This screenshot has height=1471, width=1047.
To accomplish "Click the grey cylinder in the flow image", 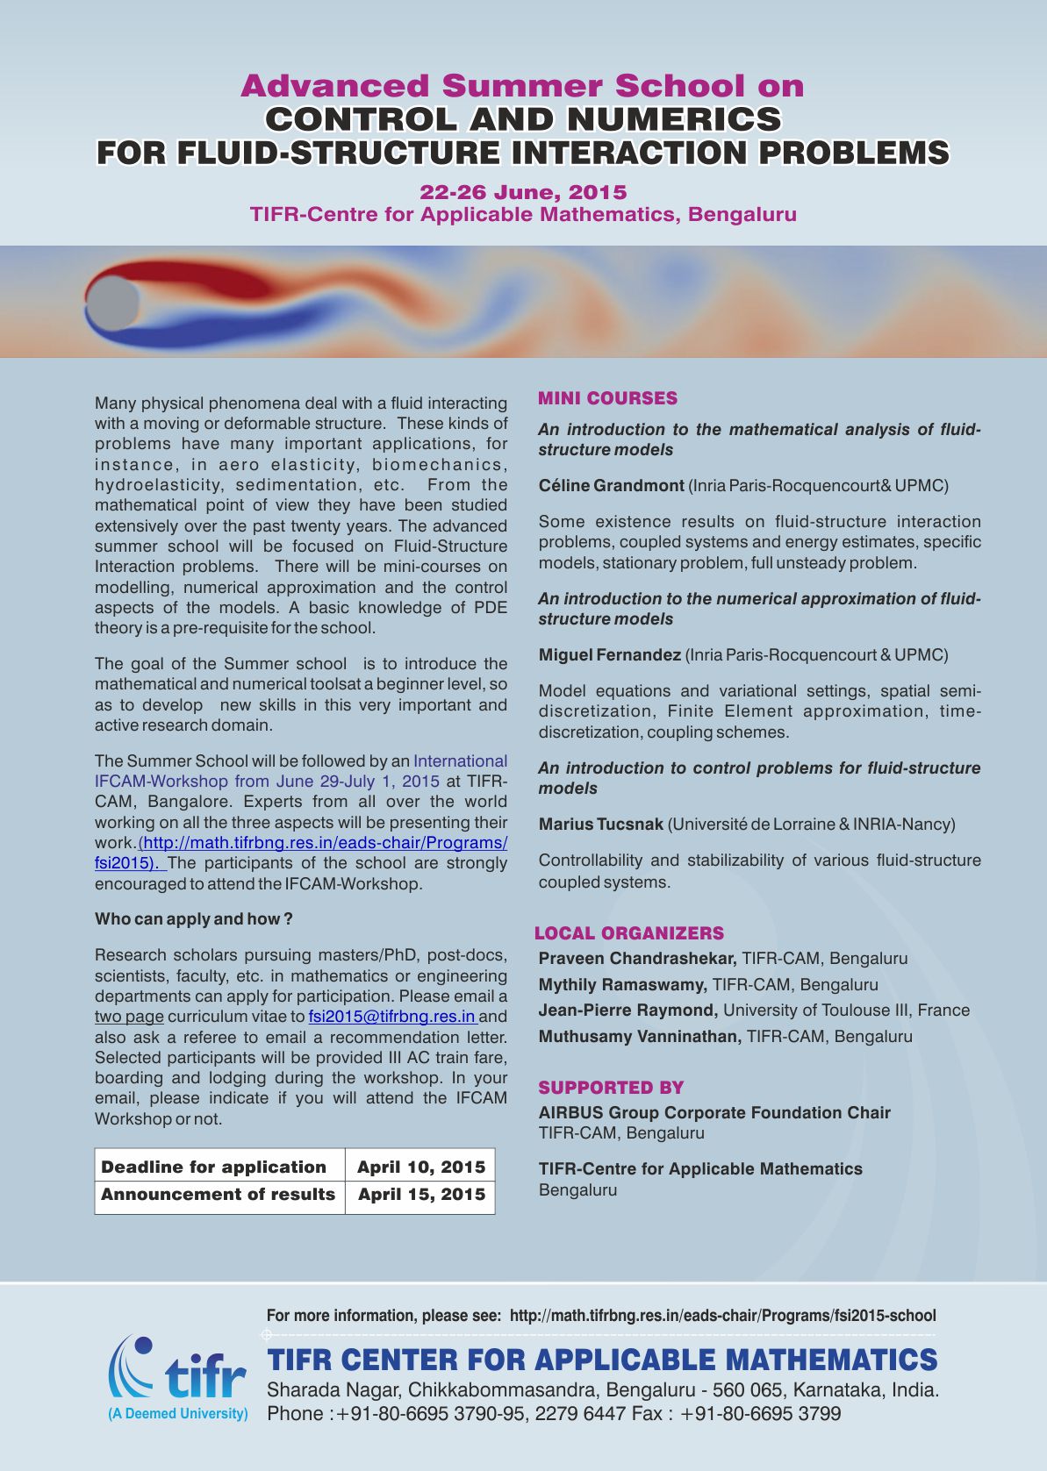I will click(112, 303).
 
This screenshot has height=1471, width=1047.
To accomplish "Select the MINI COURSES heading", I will click(607, 398).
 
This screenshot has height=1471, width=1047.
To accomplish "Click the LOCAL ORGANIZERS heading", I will click(629, 933).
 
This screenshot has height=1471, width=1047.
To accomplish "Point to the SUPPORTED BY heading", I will click(611, 1088).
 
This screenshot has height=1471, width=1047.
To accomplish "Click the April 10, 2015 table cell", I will click(420, 1167).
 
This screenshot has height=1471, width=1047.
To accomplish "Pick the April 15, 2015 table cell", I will click(420, 1195).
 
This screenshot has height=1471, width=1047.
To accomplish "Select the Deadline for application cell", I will click(214, 1167).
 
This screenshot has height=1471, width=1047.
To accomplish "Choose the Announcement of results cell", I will click(219, 1195).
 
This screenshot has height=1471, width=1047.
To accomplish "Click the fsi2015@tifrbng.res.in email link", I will click(391, 1017).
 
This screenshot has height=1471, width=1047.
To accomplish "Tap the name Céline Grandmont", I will click(611, 486).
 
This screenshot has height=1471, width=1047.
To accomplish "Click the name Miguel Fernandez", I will click(609, 655).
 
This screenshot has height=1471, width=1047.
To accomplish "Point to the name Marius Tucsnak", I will click(601, 825).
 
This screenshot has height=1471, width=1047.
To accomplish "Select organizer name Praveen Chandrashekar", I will click(637, 959).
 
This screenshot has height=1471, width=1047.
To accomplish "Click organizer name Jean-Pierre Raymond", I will click(628, 1010).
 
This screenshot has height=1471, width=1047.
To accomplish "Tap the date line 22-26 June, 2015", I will click(523, 192).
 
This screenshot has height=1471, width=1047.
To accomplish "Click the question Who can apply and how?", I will click(193, 919).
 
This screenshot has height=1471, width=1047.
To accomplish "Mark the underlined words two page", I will click(129, 1017).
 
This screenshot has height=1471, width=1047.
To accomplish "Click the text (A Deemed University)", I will click(177, 1414).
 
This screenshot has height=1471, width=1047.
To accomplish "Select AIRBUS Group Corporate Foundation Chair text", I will click(714, 1113).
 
